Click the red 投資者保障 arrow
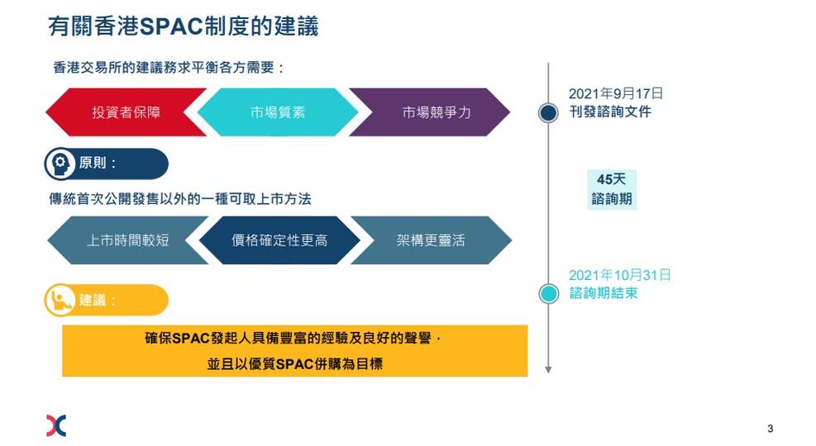click(x=126, y=112)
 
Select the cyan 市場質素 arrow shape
click(x=278, y=112)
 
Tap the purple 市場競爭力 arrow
click(x=430, y=112)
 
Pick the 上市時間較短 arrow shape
click(x=127, y=240)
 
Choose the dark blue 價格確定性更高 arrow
click(x=279, y=240)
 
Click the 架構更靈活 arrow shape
click(x=432, y=240)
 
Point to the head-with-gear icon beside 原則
click(x=60, y=164)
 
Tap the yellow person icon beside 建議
click(x=60, y=300)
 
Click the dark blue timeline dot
click(x=548, y=113)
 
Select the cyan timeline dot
click(x=548, y=294)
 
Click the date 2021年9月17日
click(x=616, y=93)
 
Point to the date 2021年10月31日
click(x=619, y=275)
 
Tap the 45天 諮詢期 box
click(x=612, y=189)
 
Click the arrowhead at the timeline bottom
click(x=548, y=369)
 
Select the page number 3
click(x=771, y=429)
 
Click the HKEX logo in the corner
click(x=56, y=425)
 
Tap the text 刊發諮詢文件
click(x=610, y=111)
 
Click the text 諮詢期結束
click(x=604, y=293)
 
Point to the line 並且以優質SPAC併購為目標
click(x=295, y=364)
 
